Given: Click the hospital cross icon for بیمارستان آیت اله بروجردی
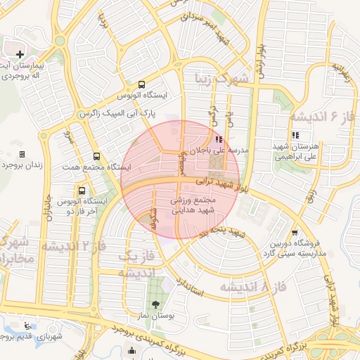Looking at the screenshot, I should click(x=20, y=54).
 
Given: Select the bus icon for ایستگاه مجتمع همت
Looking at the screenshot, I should click(x=96, y=157).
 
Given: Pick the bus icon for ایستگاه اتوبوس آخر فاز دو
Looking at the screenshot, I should click(x=82, y=190).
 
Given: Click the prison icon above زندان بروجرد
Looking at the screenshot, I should click(x=22, y=154).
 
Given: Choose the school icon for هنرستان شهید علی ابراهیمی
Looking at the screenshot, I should click(x=294, y=135).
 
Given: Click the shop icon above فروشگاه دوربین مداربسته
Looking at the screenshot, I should click(x=293, y=233).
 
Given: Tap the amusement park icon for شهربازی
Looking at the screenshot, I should click(x=27, y=326).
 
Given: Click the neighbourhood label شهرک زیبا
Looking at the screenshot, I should click(x=223, y=82).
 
